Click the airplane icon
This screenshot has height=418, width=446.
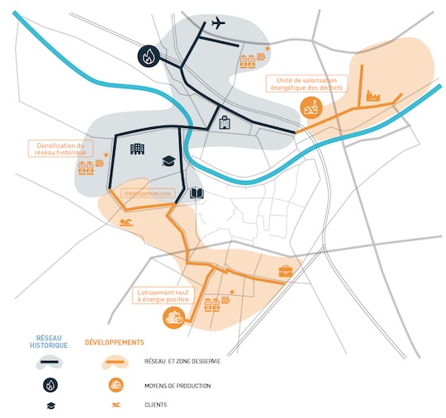(218, 23)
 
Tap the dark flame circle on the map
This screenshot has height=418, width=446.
(149, 56)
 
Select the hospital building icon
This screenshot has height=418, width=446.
(225, 122)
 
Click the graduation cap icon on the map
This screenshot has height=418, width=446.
(169, 161)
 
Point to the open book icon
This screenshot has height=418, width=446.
(197, 193)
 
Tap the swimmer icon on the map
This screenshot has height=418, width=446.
(126, 223)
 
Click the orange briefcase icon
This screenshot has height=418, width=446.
(286, 271)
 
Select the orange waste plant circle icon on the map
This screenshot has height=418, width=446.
(311, 108)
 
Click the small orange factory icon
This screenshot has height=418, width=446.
(372, 96)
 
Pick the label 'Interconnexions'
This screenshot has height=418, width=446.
(148, 193)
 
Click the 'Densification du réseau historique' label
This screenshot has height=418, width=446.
(60, 149)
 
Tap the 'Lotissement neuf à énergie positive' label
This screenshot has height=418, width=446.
(164, 296)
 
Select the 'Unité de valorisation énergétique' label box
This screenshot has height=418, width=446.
(306, 83)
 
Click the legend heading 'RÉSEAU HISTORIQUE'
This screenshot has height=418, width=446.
(49, 342)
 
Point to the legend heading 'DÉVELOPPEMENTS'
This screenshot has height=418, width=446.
(114, 342)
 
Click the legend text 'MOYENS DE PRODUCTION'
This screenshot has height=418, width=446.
(178, 386)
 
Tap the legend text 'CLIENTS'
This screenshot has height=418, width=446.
(155, 405)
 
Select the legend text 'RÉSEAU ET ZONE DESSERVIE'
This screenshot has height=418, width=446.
(183, 361)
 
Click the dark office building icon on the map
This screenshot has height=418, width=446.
(137, 149)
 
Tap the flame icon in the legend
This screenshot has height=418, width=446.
(50, 385)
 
